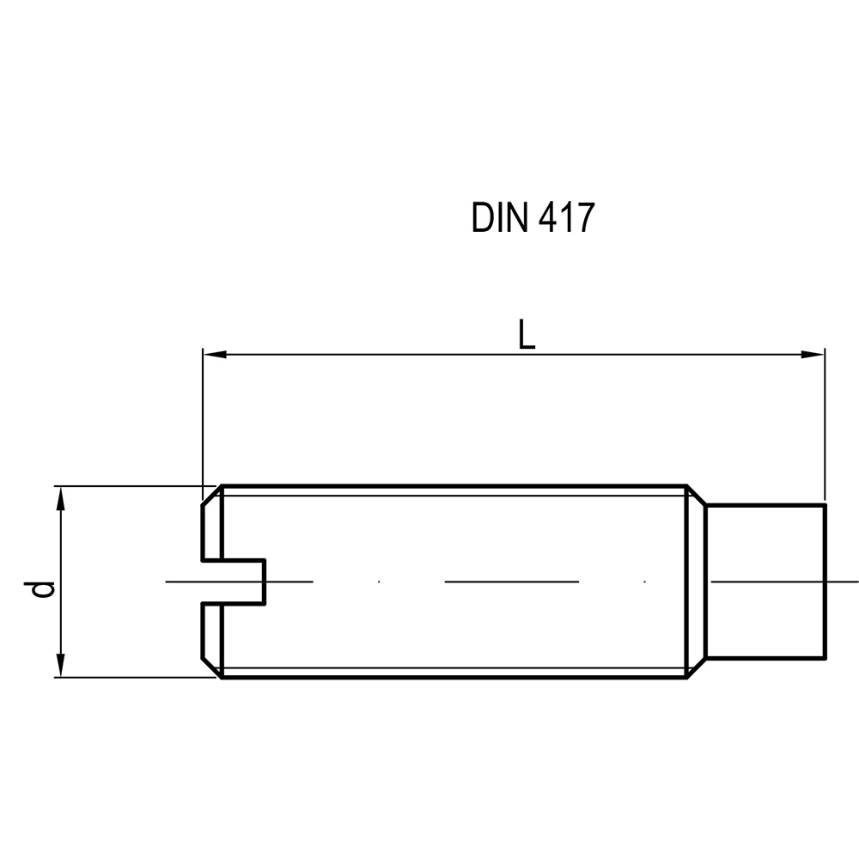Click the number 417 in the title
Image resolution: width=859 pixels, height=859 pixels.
pyautogui.click(x=566, y=218)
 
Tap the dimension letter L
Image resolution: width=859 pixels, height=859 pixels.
pyautogui.click(x=527, y=334)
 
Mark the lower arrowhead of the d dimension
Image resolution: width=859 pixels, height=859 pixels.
pyautogui.click(x=60, y=668)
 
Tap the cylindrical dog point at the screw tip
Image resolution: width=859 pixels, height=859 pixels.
pyautogui.click(x=765, y=582)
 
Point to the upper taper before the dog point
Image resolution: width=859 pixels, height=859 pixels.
pyautogui.click(x=697, y=496)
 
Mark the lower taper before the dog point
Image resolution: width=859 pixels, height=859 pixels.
pyautogui.click(x=697, y=668)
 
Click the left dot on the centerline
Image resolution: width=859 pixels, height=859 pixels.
pyautogui.click(x=379, y=582)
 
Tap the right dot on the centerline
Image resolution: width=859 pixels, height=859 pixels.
pyautogui.click(x=644, y=582)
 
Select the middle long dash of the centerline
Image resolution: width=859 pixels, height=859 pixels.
pyautogui.click(x=511, y=582)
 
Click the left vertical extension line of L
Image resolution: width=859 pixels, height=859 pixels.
pyautogui.click(x=202, y=421)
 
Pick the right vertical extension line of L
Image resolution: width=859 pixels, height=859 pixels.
pyautogui.click(x=825, y=421)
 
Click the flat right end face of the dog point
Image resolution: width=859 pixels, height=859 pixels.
pyautogui.click(x=825, y=582)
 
